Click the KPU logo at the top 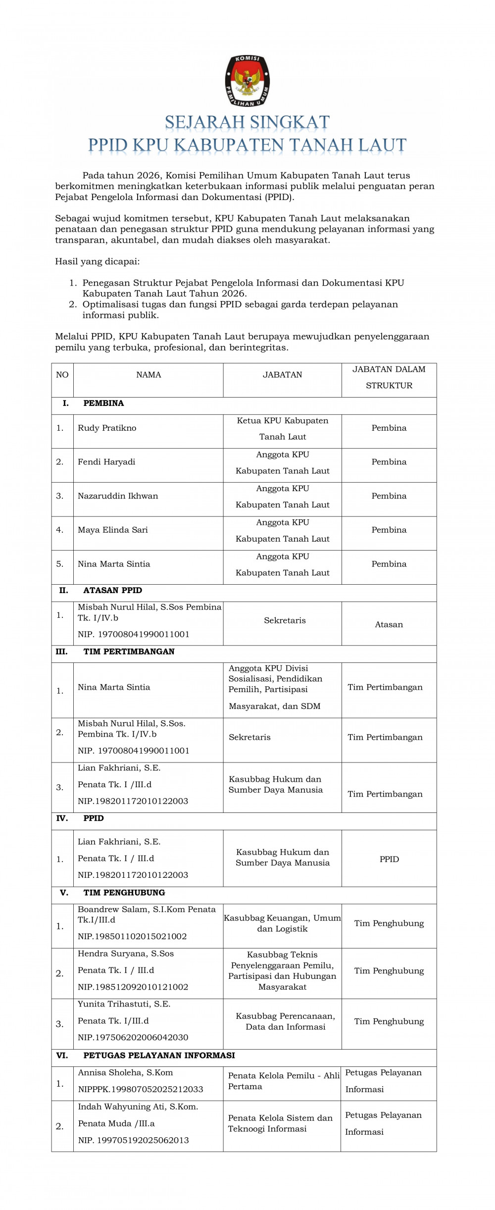click(x=247, y=81)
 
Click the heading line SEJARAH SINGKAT click(x=247, y=122)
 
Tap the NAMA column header click(x=148, y=375)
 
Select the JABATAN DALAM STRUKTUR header click(x=389, y=377)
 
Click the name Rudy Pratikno click(x=107, y=428)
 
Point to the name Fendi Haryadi click(x=106, y=462)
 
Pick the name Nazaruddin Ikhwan click(x=118, y=496)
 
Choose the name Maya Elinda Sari click(x=113, y=530)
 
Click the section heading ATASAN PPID click(x=112, y=590)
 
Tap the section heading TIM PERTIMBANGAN click(x=129, y=652)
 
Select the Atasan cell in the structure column click(x=389, y=624)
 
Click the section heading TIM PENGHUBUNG click(x=124, y=893)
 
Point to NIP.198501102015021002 click(x=132, y=936)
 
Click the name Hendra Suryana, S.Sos click(x=126, y=954)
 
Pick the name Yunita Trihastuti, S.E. click(x=124, y=1004)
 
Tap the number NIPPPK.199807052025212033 click(x=141, y=1089)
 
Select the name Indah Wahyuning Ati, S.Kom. click(x=138, y=1107)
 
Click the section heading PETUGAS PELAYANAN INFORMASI click(x=159, y=1055)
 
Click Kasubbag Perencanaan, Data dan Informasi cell click(x=285, y=1021)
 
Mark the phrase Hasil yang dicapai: click(x=97, y=261)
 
